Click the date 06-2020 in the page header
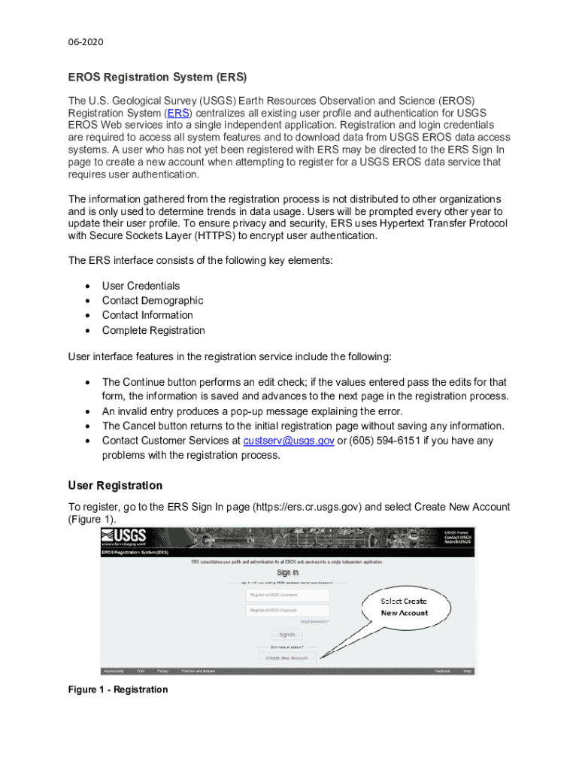click(86, 42)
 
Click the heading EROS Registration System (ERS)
click(157, 77)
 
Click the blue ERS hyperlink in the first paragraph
click(178, 113)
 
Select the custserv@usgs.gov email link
click(289, 441)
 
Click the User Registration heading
click(115, 485)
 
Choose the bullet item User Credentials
click(141, 286)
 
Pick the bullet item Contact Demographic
click(152, 301)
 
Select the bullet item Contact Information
click(147, 315)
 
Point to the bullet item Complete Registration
click(153, 330)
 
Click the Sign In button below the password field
click(287, 635)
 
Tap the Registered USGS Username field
click(287, 594)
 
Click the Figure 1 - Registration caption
click(118, 690)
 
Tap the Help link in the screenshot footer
click(467, 671)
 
